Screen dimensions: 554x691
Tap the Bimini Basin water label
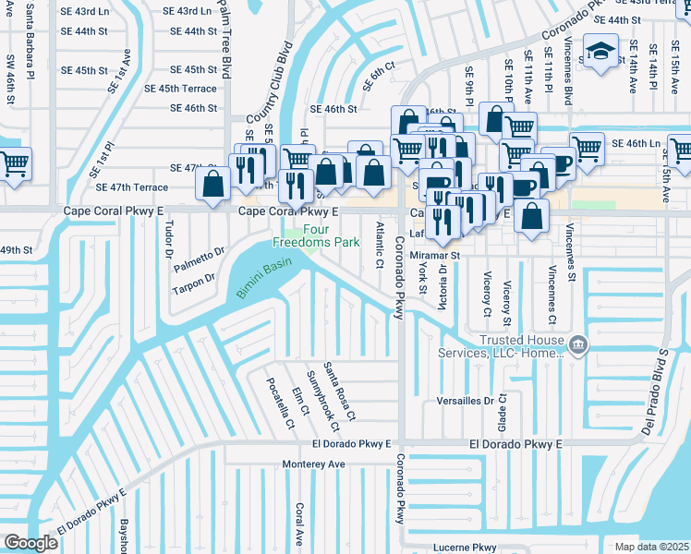pyautogui.click(x=263, y=279)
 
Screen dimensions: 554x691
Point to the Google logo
pyautogui.click(x=30, y=543)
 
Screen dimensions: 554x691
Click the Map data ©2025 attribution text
pyautogui.click(x=651, y=547)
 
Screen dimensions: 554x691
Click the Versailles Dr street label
pyautogui.click(x=464, y=401)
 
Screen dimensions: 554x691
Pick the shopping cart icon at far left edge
pyautogui.click(x=13, y=164)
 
